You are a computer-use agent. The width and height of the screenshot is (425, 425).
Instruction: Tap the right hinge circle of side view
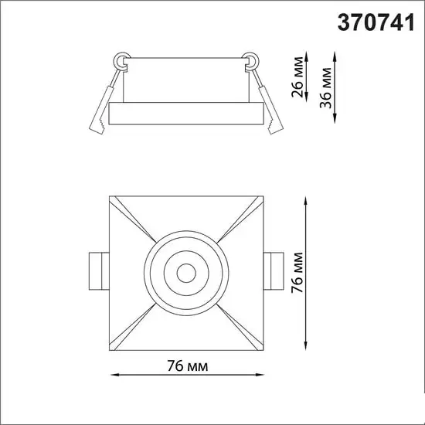[251, 59]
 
